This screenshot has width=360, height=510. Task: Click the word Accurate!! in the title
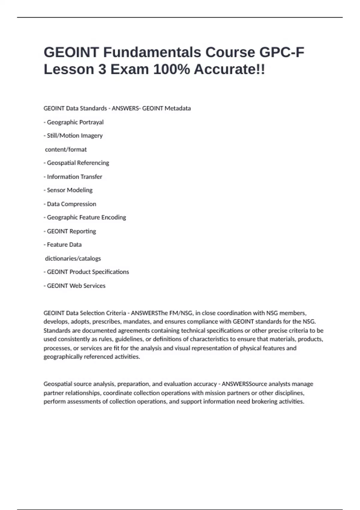coord(229,70)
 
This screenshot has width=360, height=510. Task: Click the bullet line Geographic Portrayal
coord(75,122)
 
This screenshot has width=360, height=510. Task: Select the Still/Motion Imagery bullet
coord(75,136)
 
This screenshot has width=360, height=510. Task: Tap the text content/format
coord(66,149)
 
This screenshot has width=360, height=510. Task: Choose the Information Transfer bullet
coord(74,177)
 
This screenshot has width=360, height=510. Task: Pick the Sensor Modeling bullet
coord(70,190)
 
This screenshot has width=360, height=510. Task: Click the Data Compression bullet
coord(71,204)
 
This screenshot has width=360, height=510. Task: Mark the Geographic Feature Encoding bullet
coord(86,217)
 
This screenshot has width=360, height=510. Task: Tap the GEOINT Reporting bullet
coord(71,231)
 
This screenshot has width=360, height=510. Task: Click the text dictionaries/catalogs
coord(73,258)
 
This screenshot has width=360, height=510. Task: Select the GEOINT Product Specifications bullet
coord(88,272)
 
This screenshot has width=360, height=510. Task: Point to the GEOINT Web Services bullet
coord(76,286)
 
